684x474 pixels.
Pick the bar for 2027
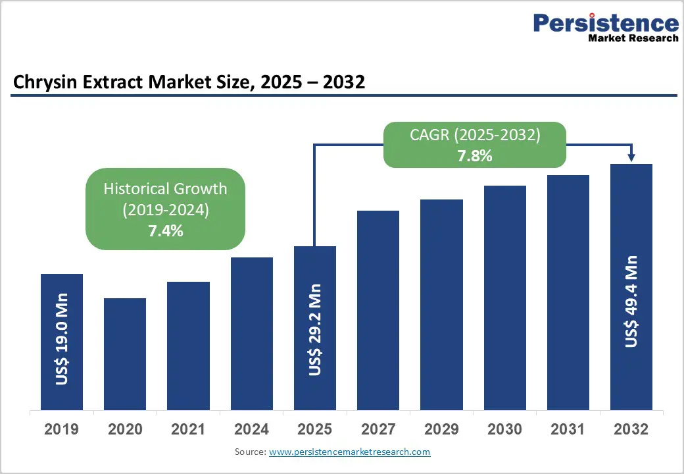[378, 310]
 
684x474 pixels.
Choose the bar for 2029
[441, 304]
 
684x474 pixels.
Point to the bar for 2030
[505, 298]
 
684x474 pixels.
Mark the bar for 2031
[568, 292]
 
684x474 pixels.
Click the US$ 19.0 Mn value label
[62, 339]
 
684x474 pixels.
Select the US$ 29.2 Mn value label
[315, 330]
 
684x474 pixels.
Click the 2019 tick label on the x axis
[61, 430]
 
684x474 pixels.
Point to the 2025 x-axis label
[314, 430]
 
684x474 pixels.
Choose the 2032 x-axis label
[631, 430]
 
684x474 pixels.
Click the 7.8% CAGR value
[475, 157]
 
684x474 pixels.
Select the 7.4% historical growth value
[165, 231]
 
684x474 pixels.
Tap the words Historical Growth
[165, 189]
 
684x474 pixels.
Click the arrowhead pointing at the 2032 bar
[631, 157]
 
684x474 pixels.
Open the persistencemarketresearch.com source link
[349, 452]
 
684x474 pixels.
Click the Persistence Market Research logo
[605, 28]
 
